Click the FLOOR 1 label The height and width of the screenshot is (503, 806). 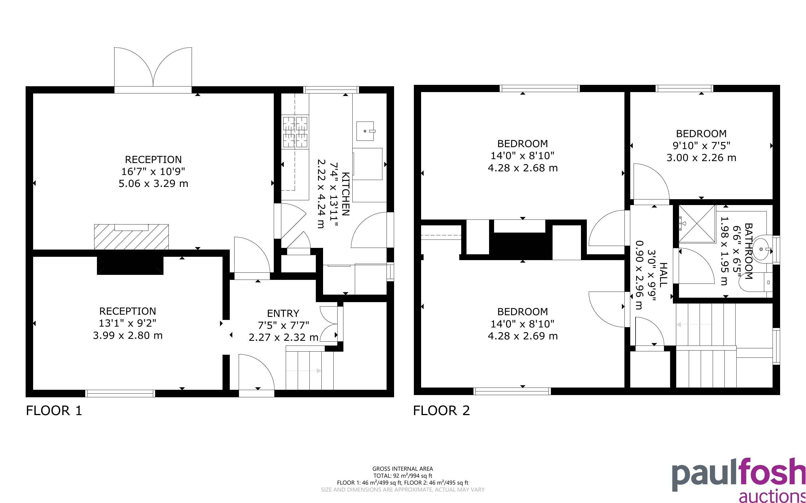click(54, 411)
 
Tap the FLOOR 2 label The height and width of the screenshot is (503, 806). click(441, 411)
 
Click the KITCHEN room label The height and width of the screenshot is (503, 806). click(346, 194)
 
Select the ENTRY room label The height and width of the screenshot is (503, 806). click(283, 313)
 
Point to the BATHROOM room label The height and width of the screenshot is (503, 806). click(748, 251)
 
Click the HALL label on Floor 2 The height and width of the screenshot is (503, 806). click(663, 275)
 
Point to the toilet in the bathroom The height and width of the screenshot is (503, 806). click(756, 282)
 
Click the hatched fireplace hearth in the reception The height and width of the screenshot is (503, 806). click(131, 237)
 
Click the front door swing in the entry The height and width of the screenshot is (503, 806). click(256, 372)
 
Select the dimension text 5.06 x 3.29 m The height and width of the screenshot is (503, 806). click(153, 183)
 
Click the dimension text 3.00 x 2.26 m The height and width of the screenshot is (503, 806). click(701, 157)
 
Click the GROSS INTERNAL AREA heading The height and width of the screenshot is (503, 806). click(402, 469)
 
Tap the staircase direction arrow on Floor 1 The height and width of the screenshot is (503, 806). click(303, 371)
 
